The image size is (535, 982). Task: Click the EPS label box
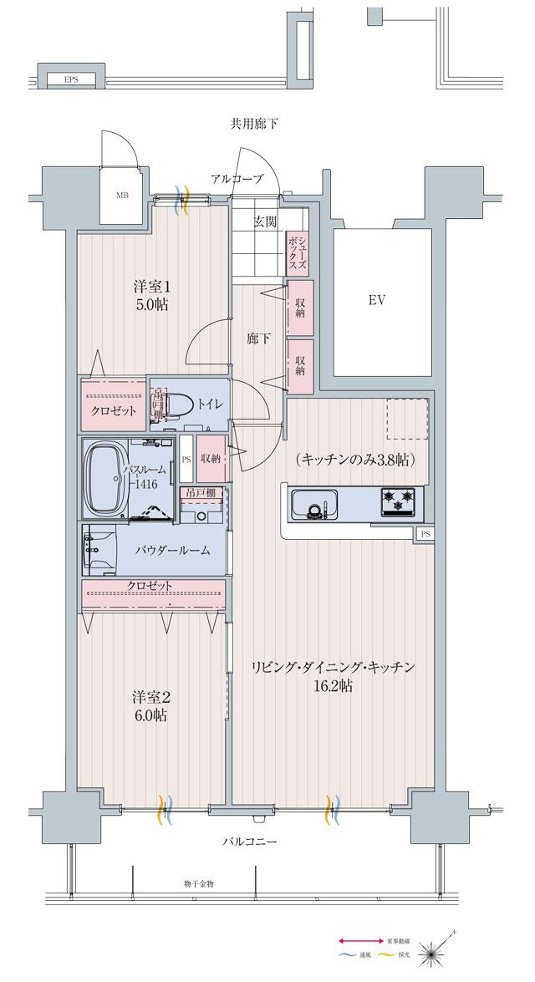tap(70, 80)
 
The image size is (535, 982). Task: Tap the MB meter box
tap(123, 196)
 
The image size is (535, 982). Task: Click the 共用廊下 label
tap(254, 124)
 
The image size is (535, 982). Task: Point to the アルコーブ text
tap(237, 179)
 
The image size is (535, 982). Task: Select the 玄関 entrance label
tap(266, 221)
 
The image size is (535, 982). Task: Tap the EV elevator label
tap(375, 300)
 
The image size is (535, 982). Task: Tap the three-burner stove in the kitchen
tap(400, 502)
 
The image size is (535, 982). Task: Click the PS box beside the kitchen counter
tap(425, 534)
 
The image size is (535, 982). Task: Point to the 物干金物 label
tap(199, 883)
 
